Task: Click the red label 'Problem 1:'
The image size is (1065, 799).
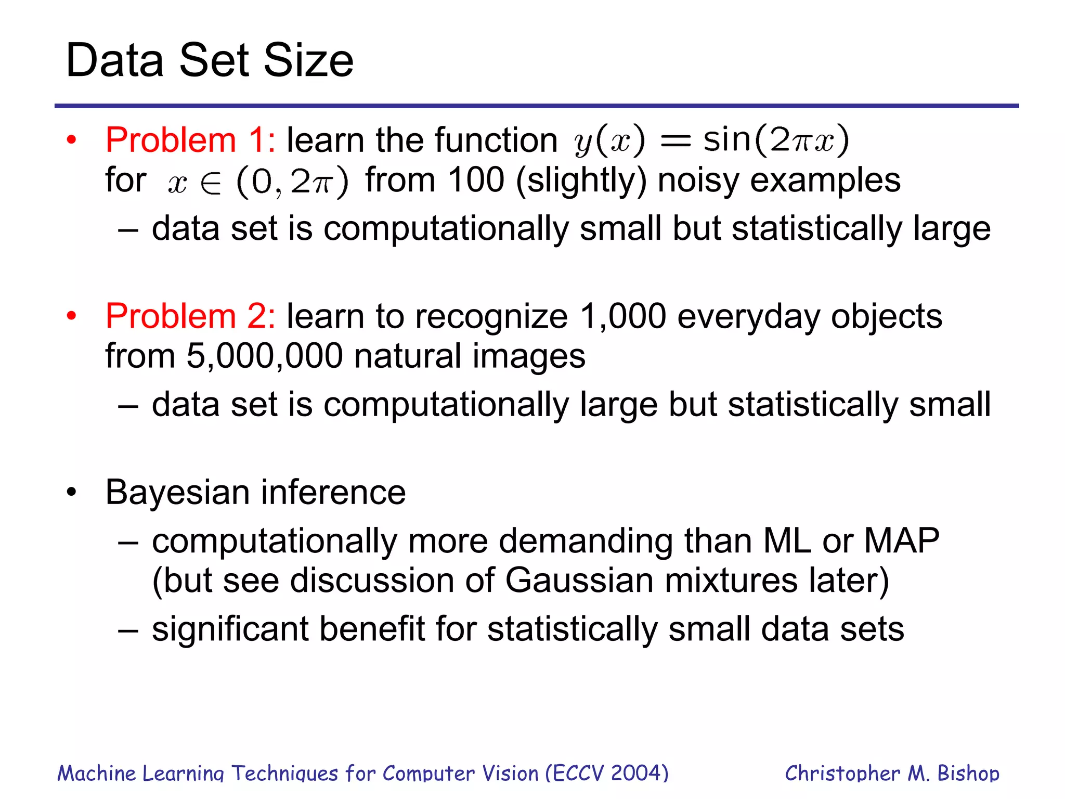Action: point(190,140)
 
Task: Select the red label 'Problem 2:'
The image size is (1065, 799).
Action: point(190,316)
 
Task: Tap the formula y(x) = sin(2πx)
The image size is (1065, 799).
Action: point(711,140)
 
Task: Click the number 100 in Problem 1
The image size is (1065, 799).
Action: point(476,180)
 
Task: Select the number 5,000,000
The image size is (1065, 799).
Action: point(264,356)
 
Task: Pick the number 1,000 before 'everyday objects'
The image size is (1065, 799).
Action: point(622,316)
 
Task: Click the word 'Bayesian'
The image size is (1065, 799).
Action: point(177,492)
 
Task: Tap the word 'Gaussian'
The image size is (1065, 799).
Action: point(579,581)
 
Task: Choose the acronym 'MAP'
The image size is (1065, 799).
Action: point(901,541)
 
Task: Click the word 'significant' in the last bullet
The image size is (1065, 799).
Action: point(230,629)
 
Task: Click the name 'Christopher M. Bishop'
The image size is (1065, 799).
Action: point(892,773)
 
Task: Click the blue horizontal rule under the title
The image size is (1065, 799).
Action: point(536,106)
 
